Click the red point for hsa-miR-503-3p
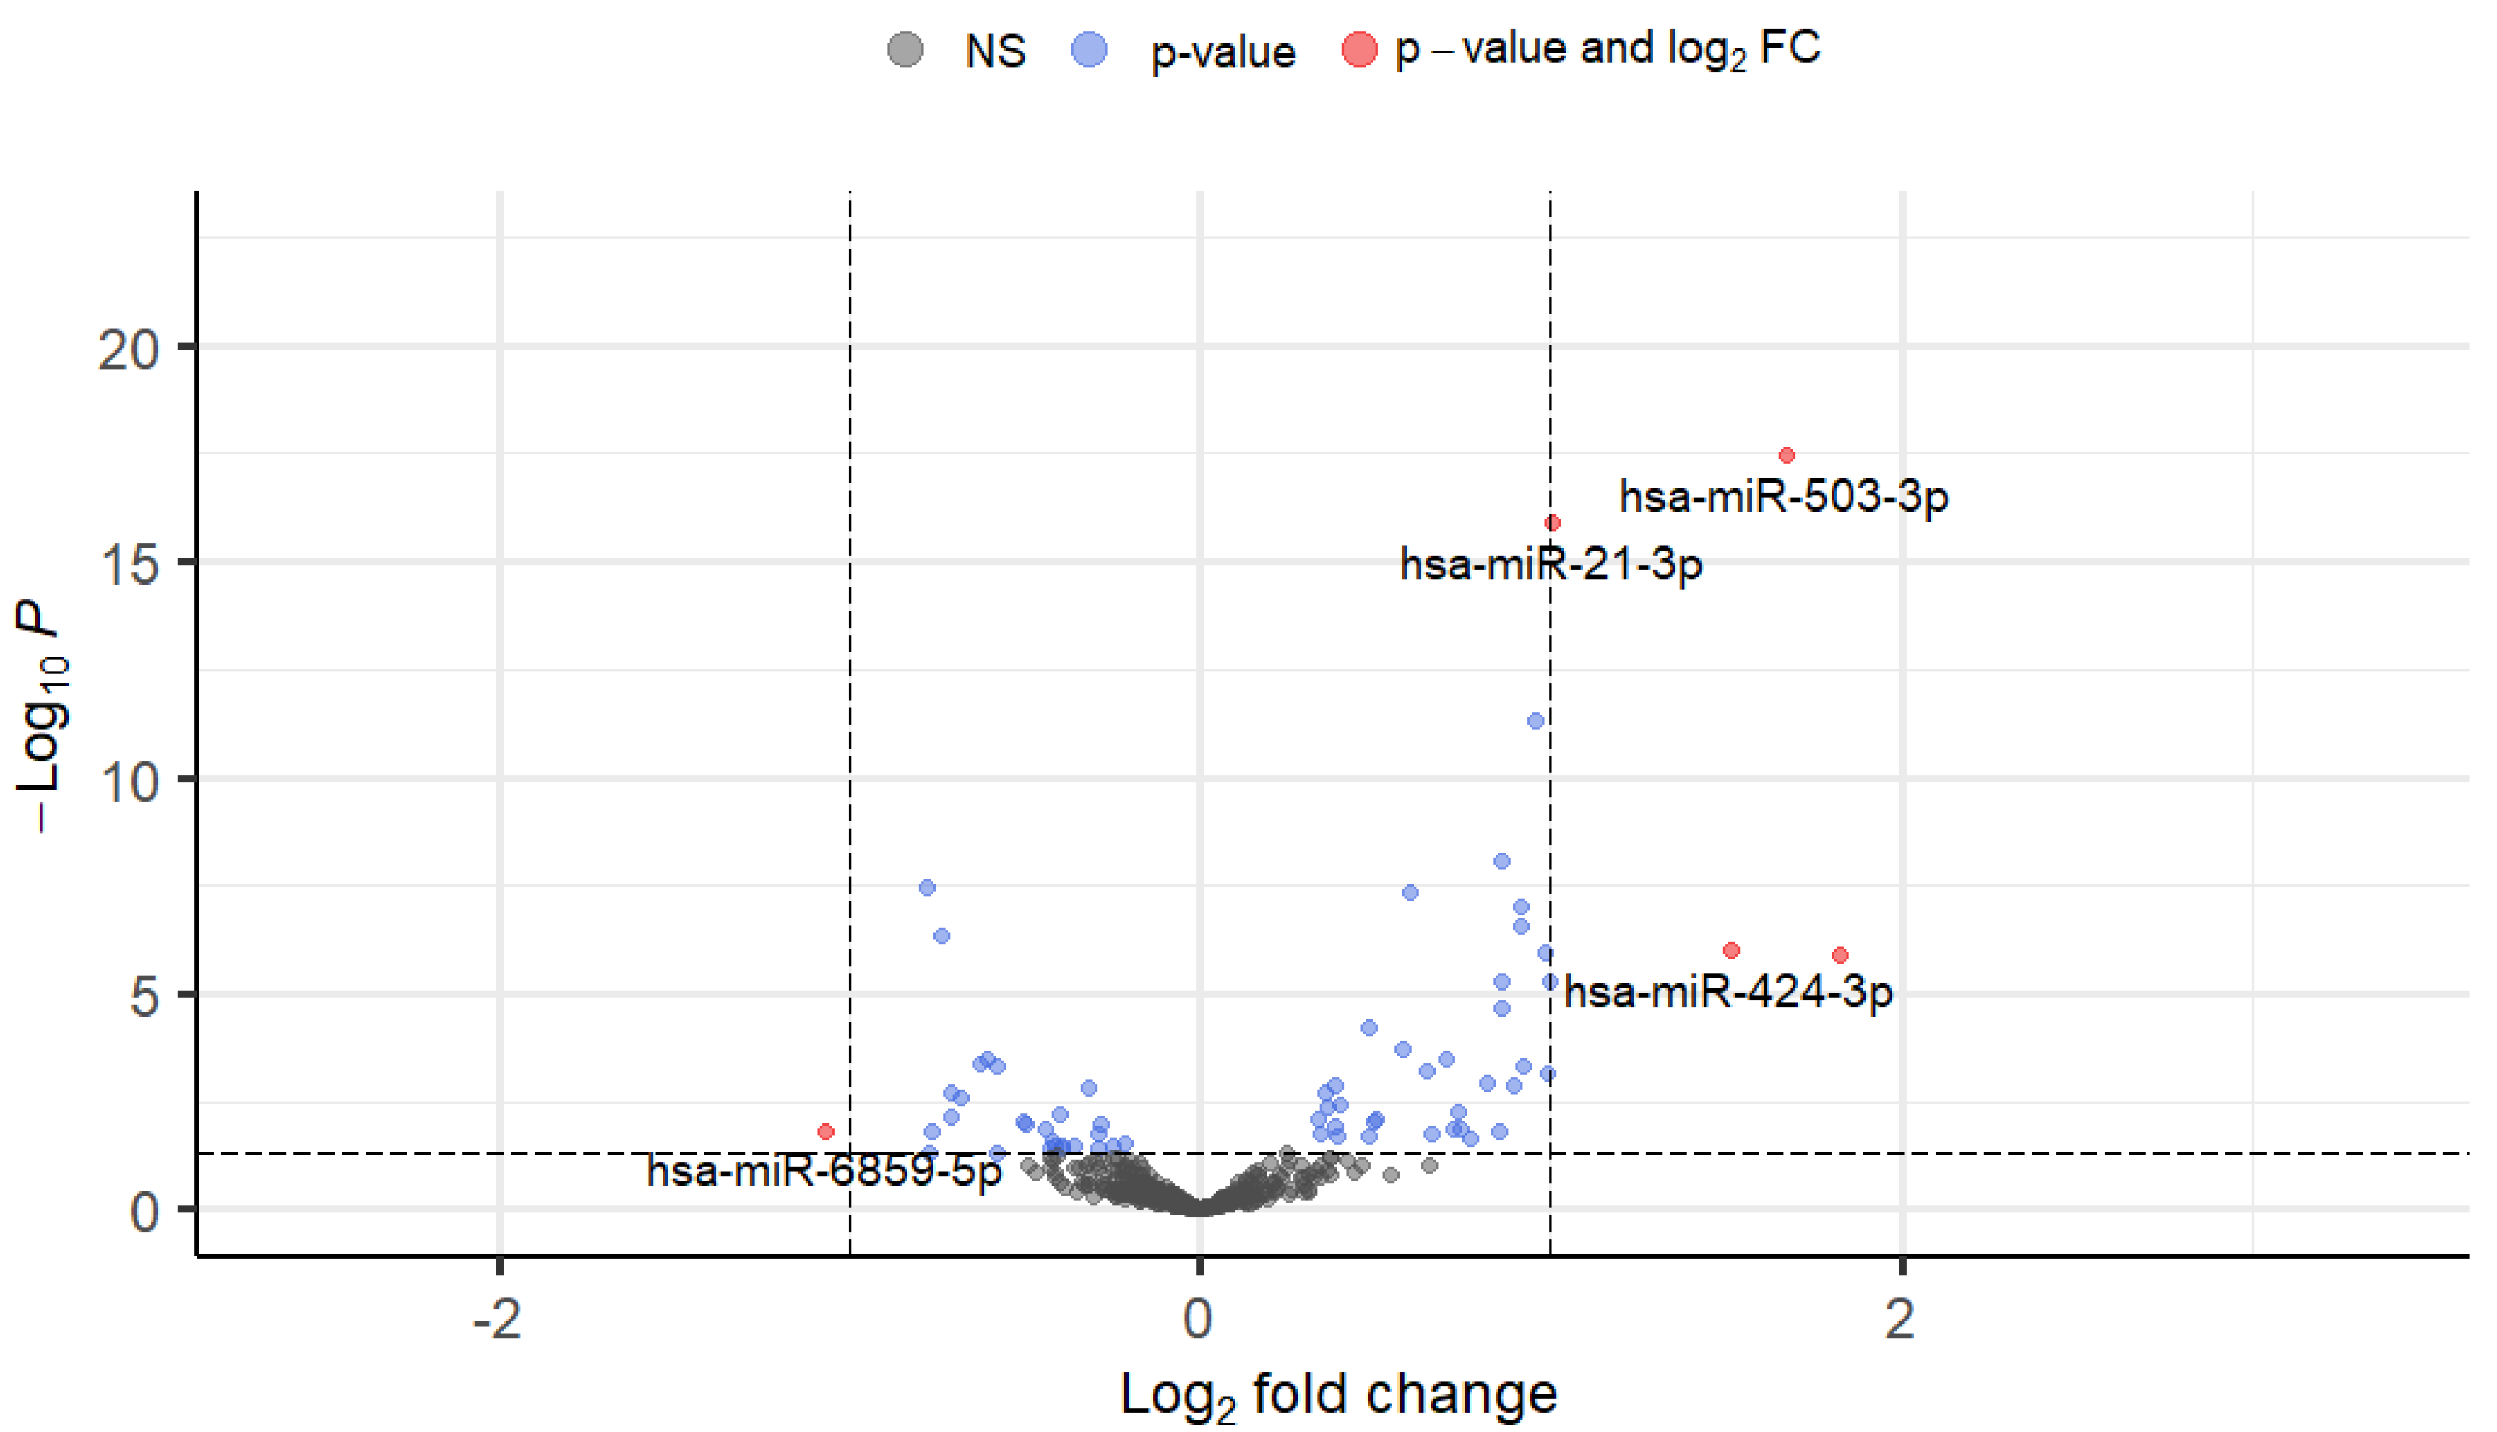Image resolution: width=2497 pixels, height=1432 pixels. pos(1786,455)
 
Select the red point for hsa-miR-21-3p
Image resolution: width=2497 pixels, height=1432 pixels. pos(1552,523)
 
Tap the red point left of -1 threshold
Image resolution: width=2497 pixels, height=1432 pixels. pos(826,1132)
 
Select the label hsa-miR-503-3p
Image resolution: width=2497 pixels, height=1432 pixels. pos(1783,496)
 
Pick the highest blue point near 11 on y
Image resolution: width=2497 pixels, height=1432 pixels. pos(1535,721)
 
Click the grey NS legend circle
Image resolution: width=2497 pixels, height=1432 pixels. pos(905,49)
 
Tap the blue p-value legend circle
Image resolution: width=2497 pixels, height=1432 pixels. pos(1089,49)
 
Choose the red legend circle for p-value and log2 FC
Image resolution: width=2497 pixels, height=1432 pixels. pos(1359,49)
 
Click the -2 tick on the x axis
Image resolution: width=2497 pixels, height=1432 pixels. pos(498,1319)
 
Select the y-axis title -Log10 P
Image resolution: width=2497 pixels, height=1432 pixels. pos(41,718)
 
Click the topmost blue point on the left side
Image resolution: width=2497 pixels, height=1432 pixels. pos(926,888)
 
